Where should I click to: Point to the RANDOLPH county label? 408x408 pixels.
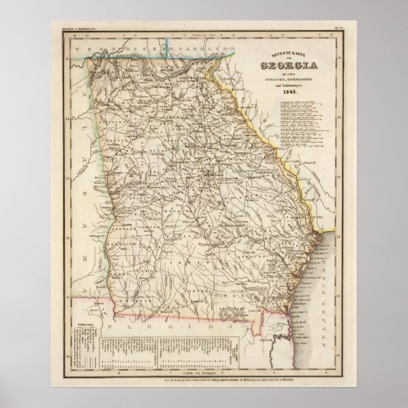[127, 243]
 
